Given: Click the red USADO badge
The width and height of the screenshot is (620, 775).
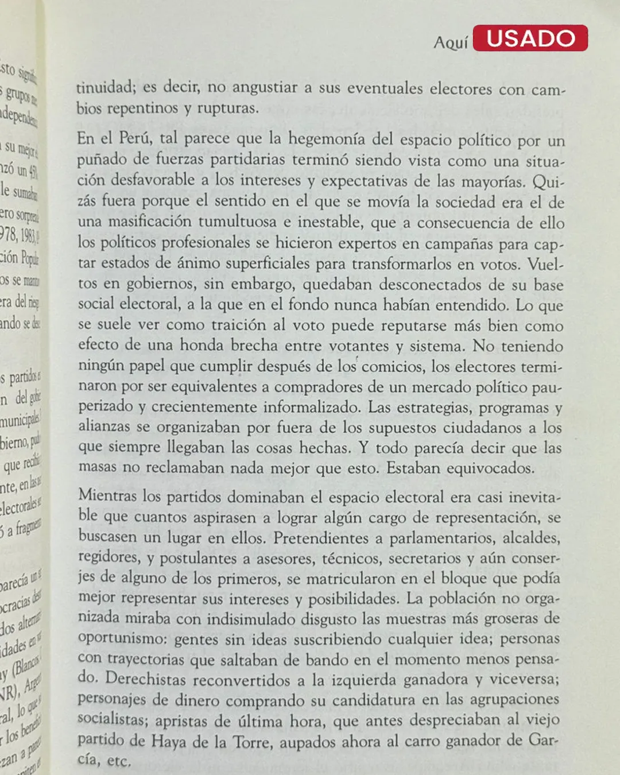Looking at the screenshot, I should click(530, 38).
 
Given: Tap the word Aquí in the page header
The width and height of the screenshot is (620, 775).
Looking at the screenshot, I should click(451, 42).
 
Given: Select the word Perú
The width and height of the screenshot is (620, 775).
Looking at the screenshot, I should click(134, 138).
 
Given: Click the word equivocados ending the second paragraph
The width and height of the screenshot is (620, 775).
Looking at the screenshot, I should click(489, 468).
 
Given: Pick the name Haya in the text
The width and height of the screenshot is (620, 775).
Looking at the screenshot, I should click(169, 741).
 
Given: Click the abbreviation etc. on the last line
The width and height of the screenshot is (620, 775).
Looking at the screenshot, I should click(119, 761).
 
